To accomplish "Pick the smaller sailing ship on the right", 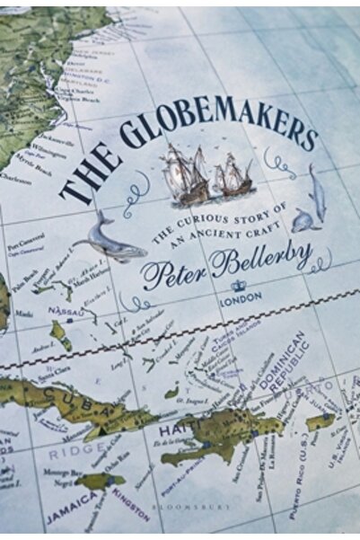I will click(234, 175).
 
